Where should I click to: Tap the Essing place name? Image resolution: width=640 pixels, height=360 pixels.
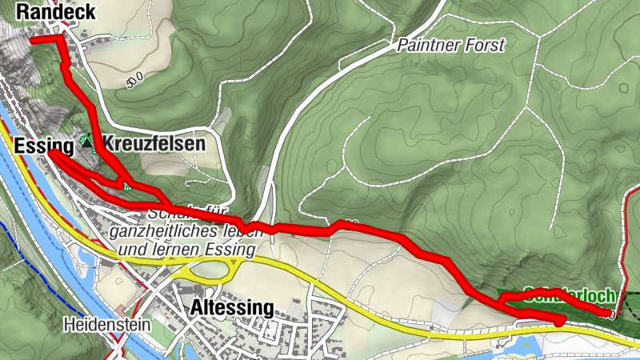tap(38, 145)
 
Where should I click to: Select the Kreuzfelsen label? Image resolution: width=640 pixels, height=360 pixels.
tap(153, 144)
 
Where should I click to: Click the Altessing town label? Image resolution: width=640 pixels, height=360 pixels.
tap(233, 309)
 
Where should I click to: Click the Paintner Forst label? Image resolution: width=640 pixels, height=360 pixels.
tap(451, 46)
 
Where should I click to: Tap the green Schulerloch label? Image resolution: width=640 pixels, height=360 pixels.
tap(568, 294)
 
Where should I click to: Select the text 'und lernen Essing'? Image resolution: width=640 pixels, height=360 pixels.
tap(186, 250)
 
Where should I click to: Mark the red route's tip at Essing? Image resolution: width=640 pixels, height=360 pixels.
tap(50, 152)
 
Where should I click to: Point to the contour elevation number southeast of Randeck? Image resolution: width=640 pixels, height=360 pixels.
tap(134, 78)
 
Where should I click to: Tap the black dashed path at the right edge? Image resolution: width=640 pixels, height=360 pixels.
tap(631, 304)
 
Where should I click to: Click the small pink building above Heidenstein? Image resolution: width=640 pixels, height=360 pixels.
tap(120, 309)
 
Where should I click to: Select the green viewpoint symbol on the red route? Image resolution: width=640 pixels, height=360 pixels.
tap(126, 187)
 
